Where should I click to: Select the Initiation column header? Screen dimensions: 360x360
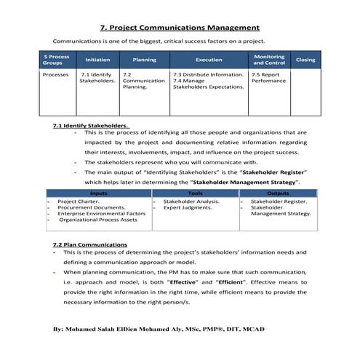pyautogui.click(x=98, y=60)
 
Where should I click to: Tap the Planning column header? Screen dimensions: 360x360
pyautogui.click(x=144, y=60)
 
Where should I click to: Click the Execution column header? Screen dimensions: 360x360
pyautogui.click(x=209, y=60)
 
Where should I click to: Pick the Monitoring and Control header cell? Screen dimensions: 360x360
pyautogui.click(x=269, y=60)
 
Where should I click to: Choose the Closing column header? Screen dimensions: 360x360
pyautogui.click(x=305, y=60)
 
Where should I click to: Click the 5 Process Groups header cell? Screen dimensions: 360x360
pyautogui.click(x=56, y=60)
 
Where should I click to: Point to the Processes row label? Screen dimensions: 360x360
pyautogui.click(x=56, y=74)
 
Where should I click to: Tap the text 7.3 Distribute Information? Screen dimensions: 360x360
pyautogui.click(x=208, y=74)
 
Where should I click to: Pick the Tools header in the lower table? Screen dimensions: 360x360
pyautogui.click(x=194, y=193)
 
